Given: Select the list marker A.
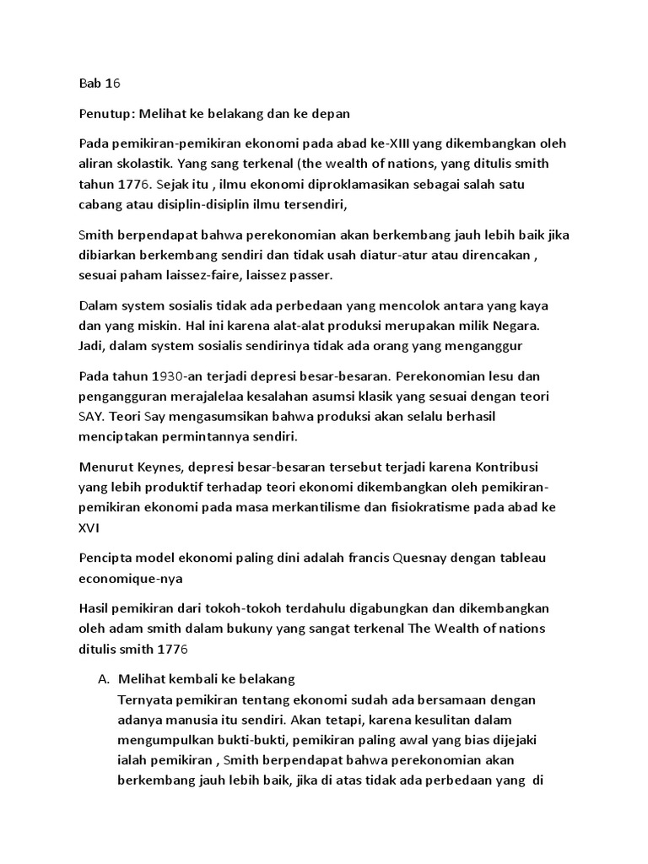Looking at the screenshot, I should click(103, 680).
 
